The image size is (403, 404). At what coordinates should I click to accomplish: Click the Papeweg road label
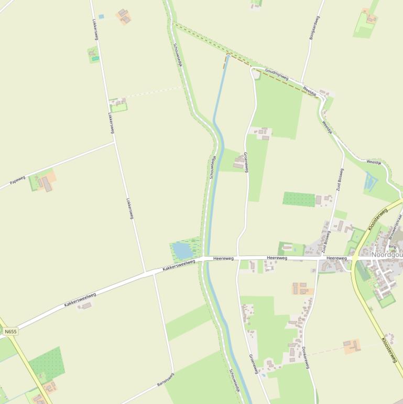pos(17,181)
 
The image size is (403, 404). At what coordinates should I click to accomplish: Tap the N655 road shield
pos(10,332)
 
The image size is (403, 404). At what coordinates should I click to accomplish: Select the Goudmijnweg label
pos(277,74)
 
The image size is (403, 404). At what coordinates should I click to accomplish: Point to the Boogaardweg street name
pos(314,27)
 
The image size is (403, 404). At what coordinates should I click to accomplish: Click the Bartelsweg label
pos(165,380)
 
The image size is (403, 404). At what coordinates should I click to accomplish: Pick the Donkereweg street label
pos(306,357)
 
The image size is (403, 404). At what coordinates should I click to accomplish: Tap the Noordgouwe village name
pos(387,255)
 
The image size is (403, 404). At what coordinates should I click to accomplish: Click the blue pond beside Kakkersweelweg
pos(183,250)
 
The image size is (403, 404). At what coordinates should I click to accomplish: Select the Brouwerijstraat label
pos(396,226)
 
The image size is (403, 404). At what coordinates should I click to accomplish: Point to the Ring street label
pos(392,246)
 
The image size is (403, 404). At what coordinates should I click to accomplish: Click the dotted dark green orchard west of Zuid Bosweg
pos(299,199)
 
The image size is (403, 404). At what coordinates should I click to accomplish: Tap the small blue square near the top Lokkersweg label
pos(101,17)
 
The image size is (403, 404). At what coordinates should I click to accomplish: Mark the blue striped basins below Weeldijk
pos(371,182)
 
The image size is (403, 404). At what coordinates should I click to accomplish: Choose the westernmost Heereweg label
pos(223,259)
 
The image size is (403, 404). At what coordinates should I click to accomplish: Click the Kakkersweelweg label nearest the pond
pos(179,265)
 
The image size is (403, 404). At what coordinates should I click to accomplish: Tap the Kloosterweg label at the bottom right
pos(390,350)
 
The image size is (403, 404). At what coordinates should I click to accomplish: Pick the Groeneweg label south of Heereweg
pos(254,364)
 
